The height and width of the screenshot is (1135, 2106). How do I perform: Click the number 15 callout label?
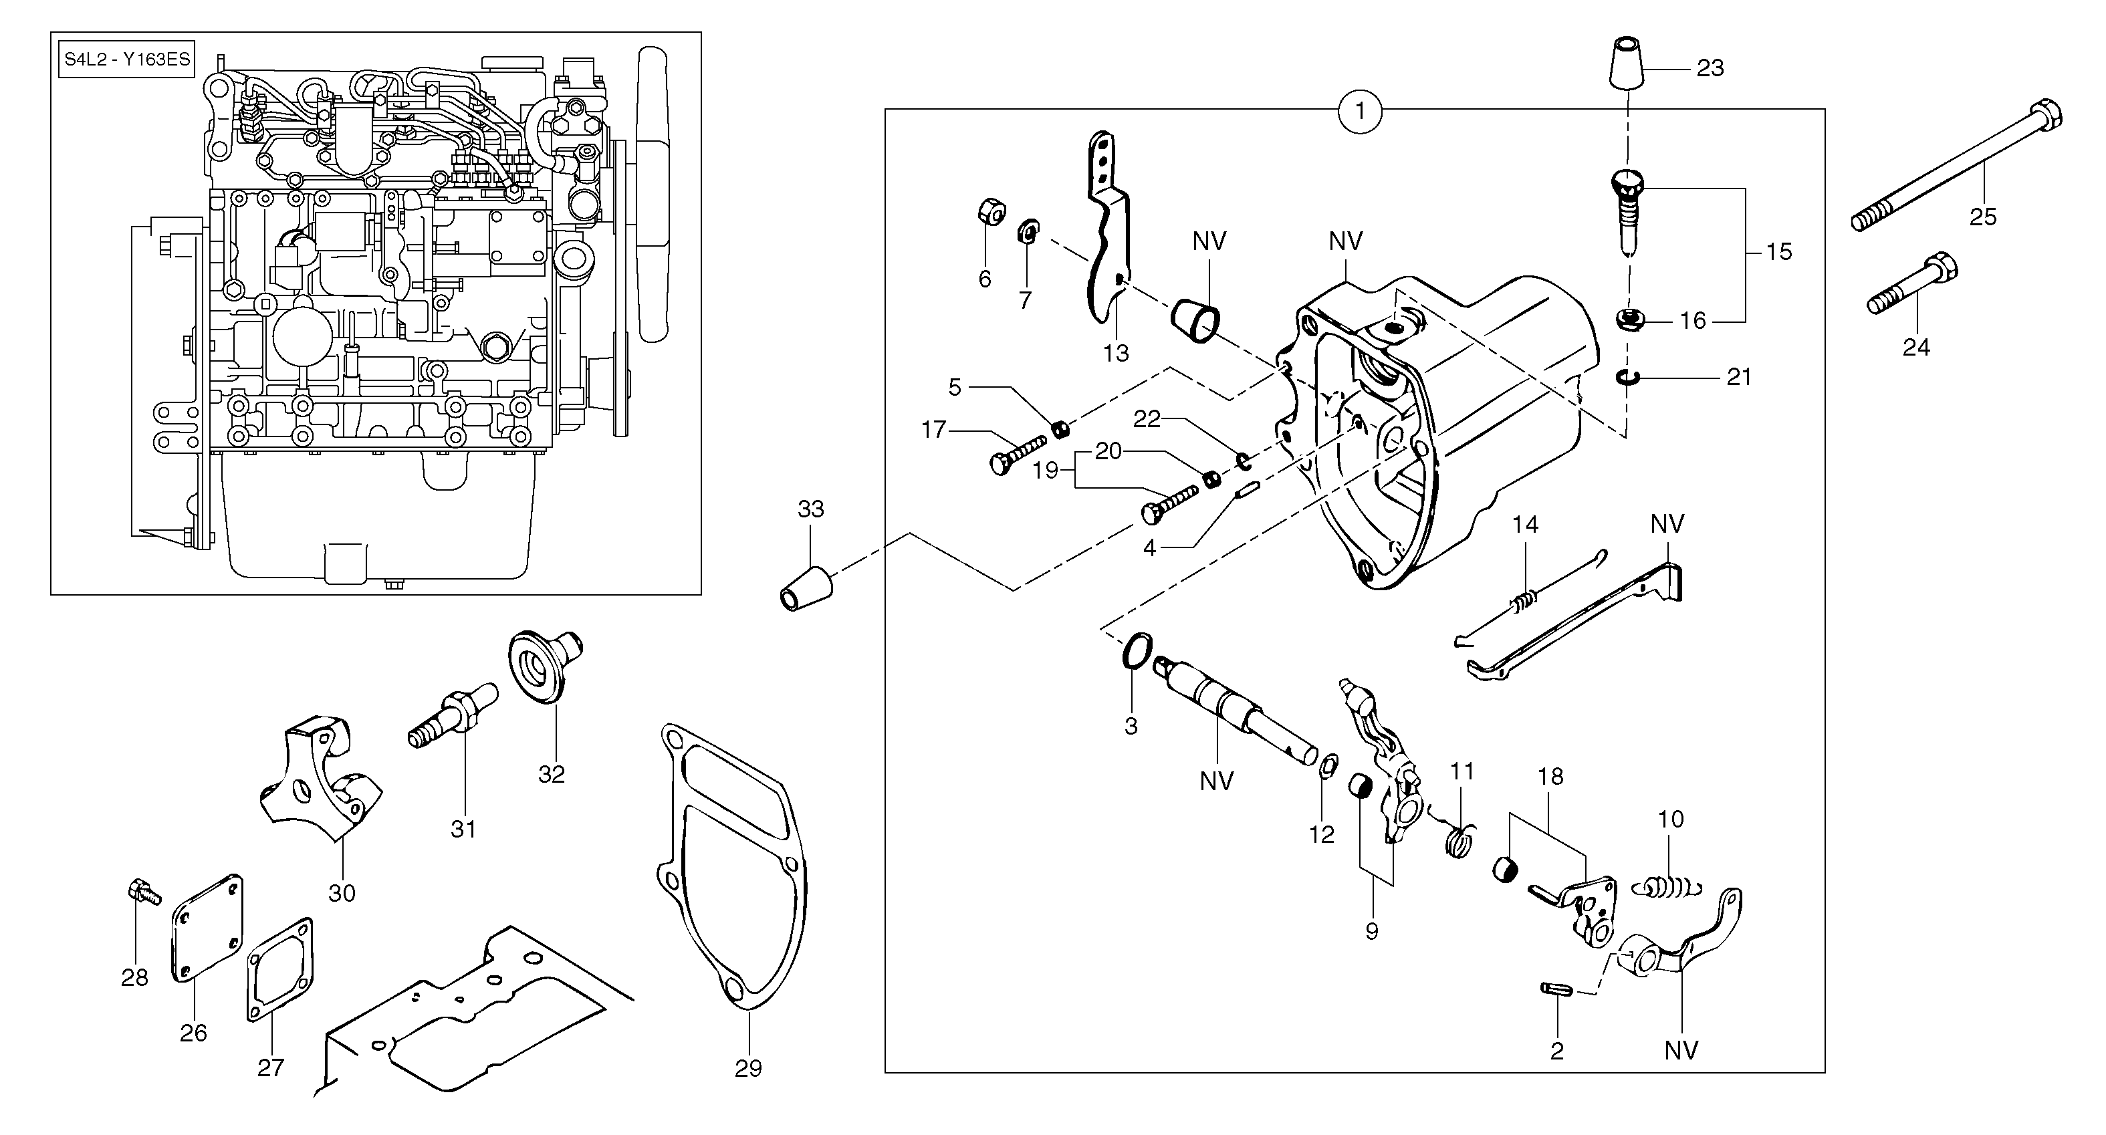click(x=1779, y=252)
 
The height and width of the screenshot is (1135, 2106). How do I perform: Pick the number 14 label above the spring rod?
click(x=1525, y=525)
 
